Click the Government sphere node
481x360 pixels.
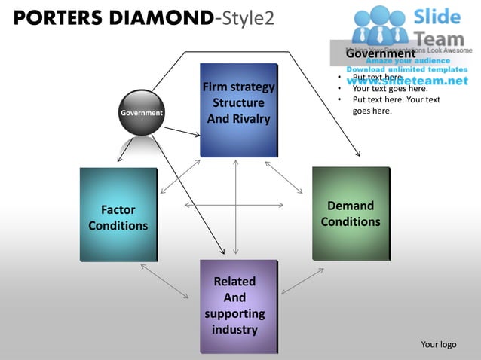[x=142, y=113]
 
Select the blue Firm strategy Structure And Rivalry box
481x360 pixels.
[x=238, y=110]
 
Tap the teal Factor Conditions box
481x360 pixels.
[x=118, y=215]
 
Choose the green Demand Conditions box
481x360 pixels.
[x=351, y=213]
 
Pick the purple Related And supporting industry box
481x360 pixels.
[x=238, y=306]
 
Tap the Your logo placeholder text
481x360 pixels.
[x=438, y=344]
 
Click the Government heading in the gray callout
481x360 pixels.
[x=380, y=53]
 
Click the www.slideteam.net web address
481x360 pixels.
[x=407, y=80]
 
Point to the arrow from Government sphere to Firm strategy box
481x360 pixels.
[x=182, y=132]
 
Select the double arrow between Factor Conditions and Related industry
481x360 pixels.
[x=164, y=280]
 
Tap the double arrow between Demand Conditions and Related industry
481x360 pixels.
[x=302, y=280]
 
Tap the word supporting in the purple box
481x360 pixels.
[x=234, y=313]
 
